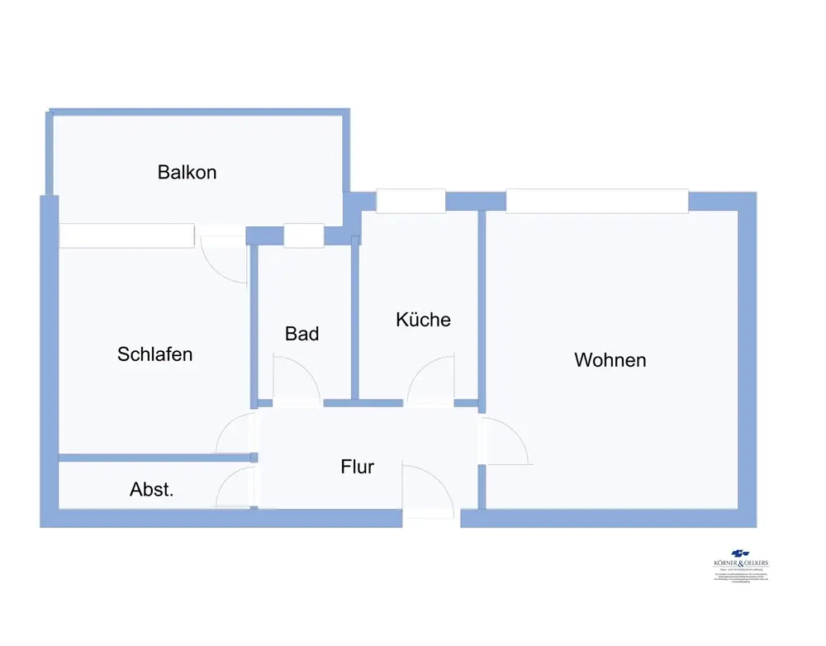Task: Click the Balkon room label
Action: click(x=188, y=173)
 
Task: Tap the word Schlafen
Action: click(x=155, y=354)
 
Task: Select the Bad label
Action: click(x=302, y=334)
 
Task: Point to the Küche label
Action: click(x=424, y=320)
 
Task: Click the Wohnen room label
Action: click(x=610, y=360)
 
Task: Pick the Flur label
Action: click(x=358, y=467)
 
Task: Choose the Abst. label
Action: click(x=152, y=489)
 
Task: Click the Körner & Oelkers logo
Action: click(x=740, y=561)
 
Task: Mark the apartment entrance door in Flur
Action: click(x=427, y=492)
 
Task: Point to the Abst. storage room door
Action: click(x=235, y=487)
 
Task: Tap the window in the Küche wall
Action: click(x=411, y=201)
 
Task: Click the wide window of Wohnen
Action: click(x=596, y=201)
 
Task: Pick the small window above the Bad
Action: click(x=303, y=235)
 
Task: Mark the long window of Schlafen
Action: click(x=126, y=235)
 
